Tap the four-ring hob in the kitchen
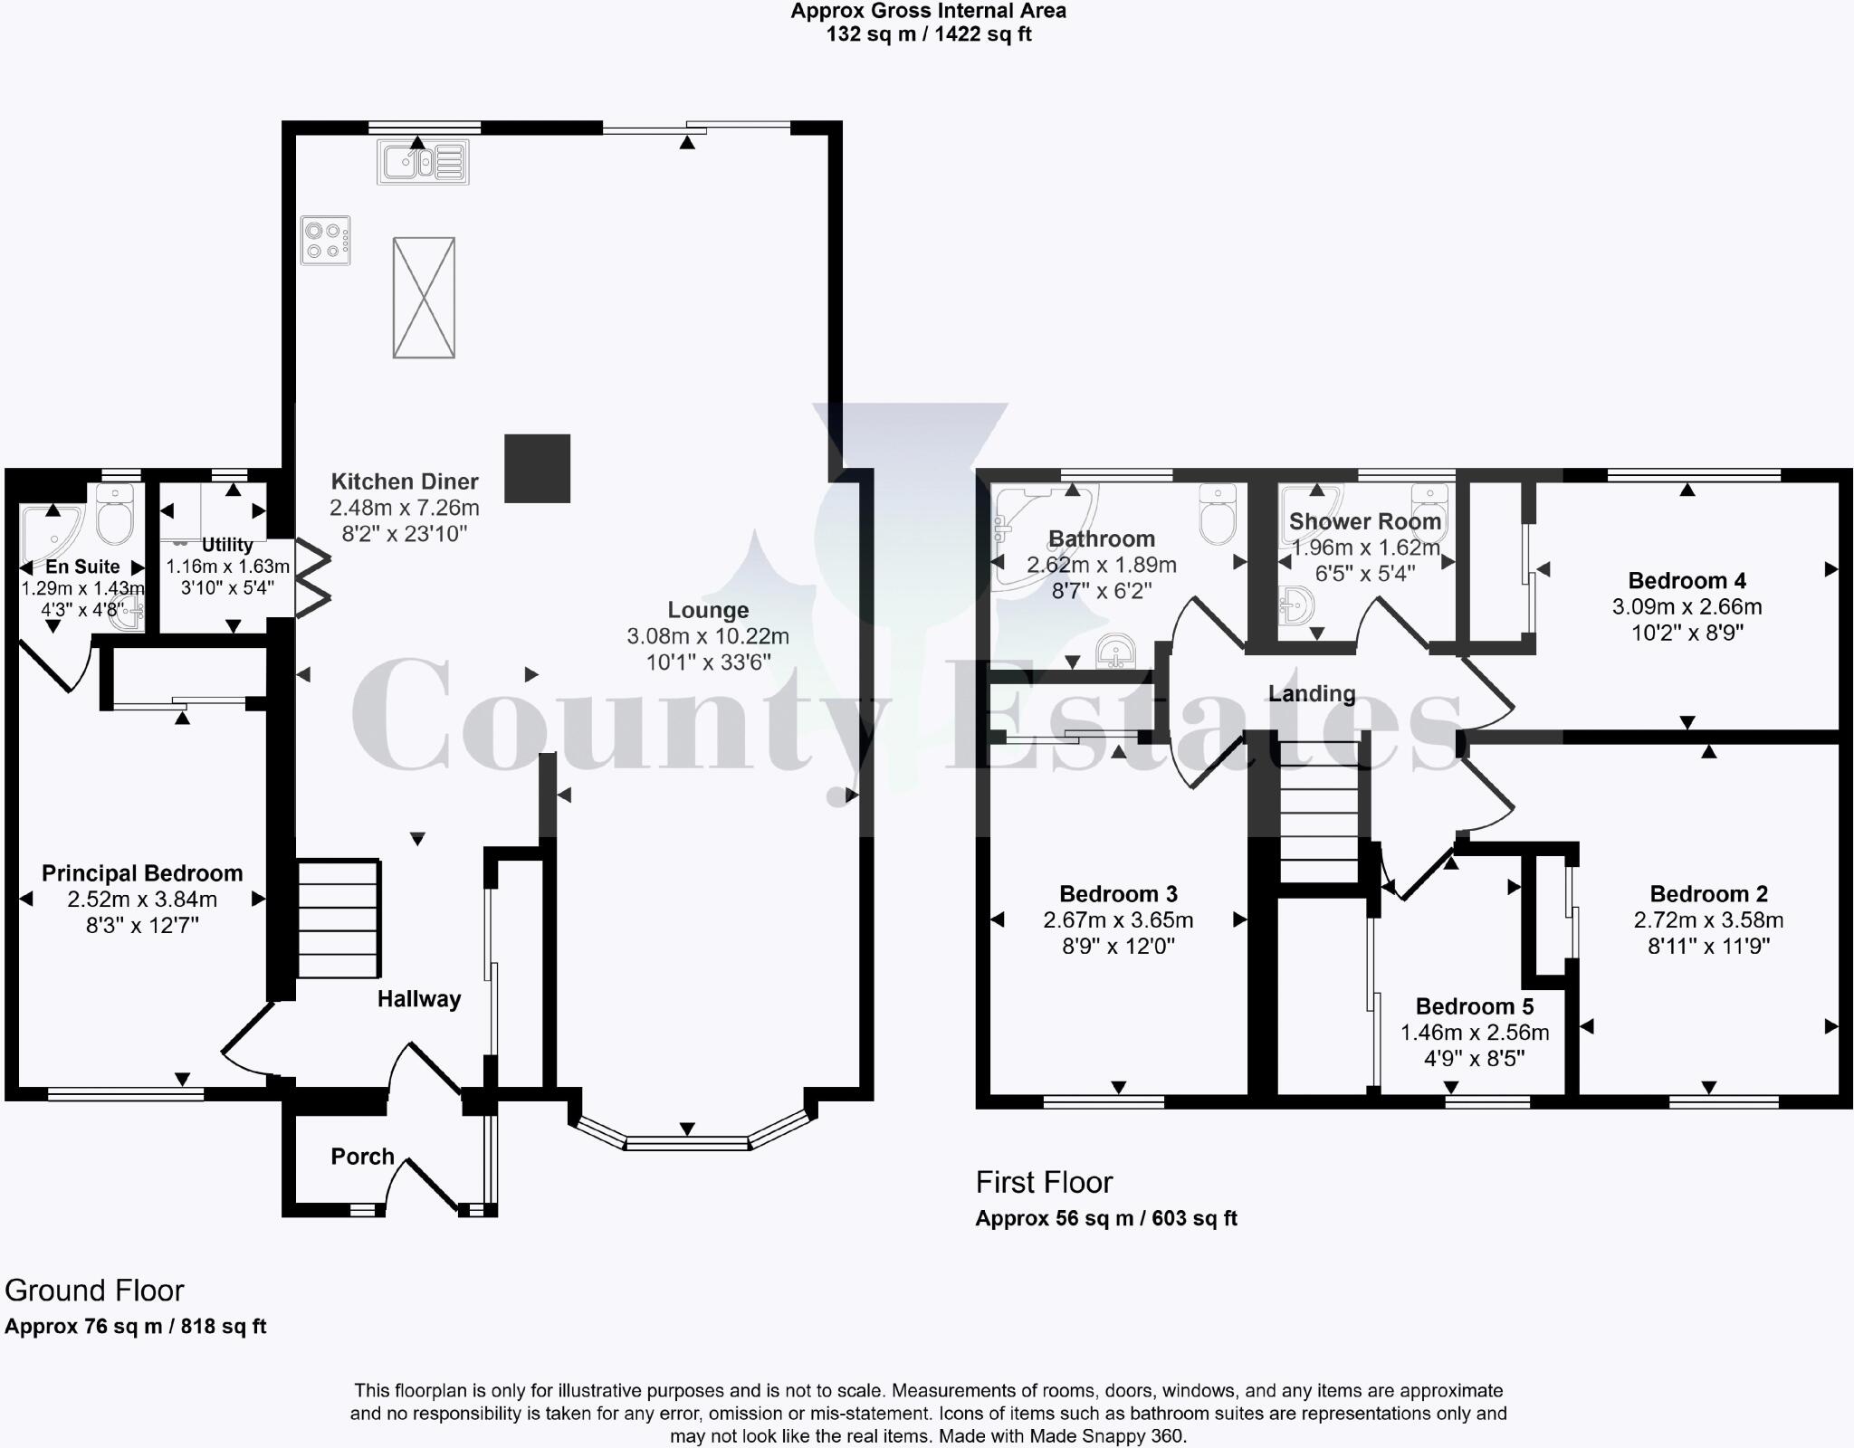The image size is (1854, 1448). [x=326, y=241]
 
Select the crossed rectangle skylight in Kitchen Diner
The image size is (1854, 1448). [x=424, y=298]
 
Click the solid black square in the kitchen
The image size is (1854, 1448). [x=538, y=468]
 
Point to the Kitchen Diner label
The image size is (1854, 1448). [x=404, y=481]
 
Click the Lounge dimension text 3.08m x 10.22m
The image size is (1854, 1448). [x=708, y=636]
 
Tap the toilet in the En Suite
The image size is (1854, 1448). [x=115, y=514]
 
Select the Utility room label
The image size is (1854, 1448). [x=227, y=545]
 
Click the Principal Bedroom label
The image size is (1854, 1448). [x=142, y=873]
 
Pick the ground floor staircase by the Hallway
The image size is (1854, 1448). [x=338, y=918]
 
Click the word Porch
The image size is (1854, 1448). [x=362, y=1157]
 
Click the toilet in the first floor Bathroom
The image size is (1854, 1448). [x=1218, y=514]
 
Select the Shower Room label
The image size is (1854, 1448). [x=1364, y=521]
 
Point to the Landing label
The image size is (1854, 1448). [x=1312, y=694]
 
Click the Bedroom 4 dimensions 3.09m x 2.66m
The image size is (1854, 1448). [x=1687, y=606]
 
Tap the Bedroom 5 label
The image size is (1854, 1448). [x=1475, y=1006]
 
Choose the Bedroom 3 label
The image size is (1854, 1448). [x=1118, y=894]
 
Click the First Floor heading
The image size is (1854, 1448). [x=1044, y=1182]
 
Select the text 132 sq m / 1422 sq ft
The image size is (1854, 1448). [x=928, y=34]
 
